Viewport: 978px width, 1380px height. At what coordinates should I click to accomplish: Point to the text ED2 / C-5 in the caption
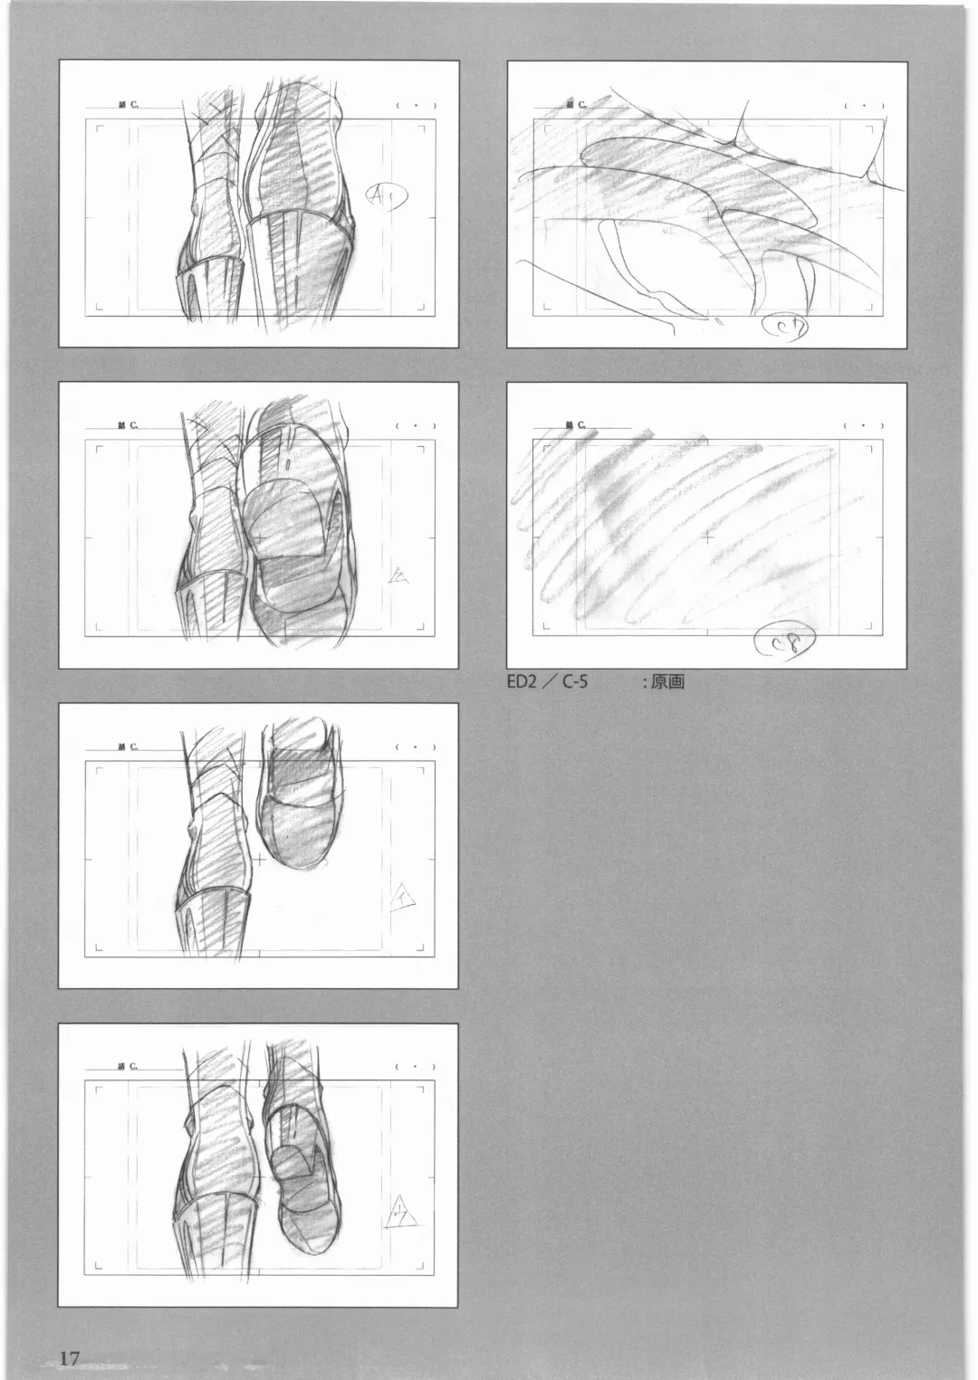(x=547, y=681)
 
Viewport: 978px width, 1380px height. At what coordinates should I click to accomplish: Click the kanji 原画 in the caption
(x=667, y=681)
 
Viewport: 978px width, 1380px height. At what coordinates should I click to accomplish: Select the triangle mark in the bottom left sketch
(x=400, y=1210)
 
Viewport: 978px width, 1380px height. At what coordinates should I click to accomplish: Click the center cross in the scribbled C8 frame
(x=706, y=538)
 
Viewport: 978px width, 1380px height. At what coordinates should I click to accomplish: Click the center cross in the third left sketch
(x=259, y=859)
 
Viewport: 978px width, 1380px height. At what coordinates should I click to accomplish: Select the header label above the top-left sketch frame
(x=128, y=105)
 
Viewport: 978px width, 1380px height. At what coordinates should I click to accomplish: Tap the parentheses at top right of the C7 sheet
(x=863, y=105)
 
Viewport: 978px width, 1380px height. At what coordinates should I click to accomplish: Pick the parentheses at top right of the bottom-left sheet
(x=416, y=1067)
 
